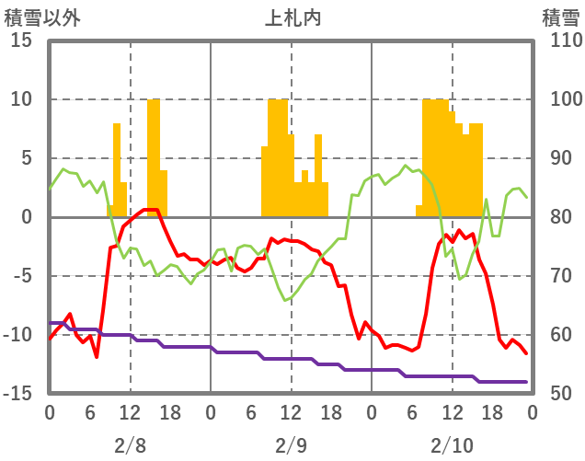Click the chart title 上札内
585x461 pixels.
coord(292,17)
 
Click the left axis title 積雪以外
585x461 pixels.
coord(40,17)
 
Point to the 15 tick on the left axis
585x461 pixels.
coord(21,40)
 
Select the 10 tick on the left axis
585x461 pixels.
coord(21,99)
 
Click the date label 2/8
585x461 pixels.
coord(130,445)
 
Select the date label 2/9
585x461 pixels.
coord(291,445)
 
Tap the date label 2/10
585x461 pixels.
coord(452,445)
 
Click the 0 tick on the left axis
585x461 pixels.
coord(26,217)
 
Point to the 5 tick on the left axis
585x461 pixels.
coord(26,158)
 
